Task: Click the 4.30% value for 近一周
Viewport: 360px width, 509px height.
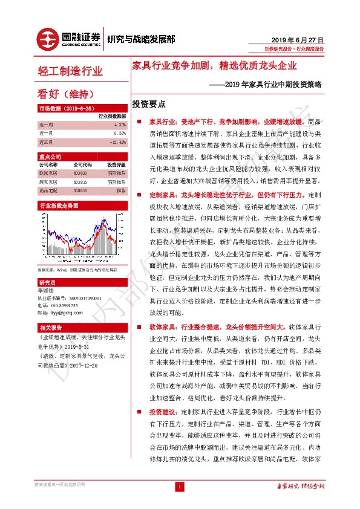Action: (x=119, y=124)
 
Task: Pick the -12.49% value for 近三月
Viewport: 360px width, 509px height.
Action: (x=117, y=142)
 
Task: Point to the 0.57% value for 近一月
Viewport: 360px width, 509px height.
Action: (x=119, y=133)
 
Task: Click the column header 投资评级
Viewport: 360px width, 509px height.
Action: (x=116, y=164)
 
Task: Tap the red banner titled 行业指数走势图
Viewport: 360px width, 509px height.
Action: (x=59, y=206)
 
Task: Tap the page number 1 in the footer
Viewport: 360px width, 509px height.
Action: (x=180, y=486)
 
